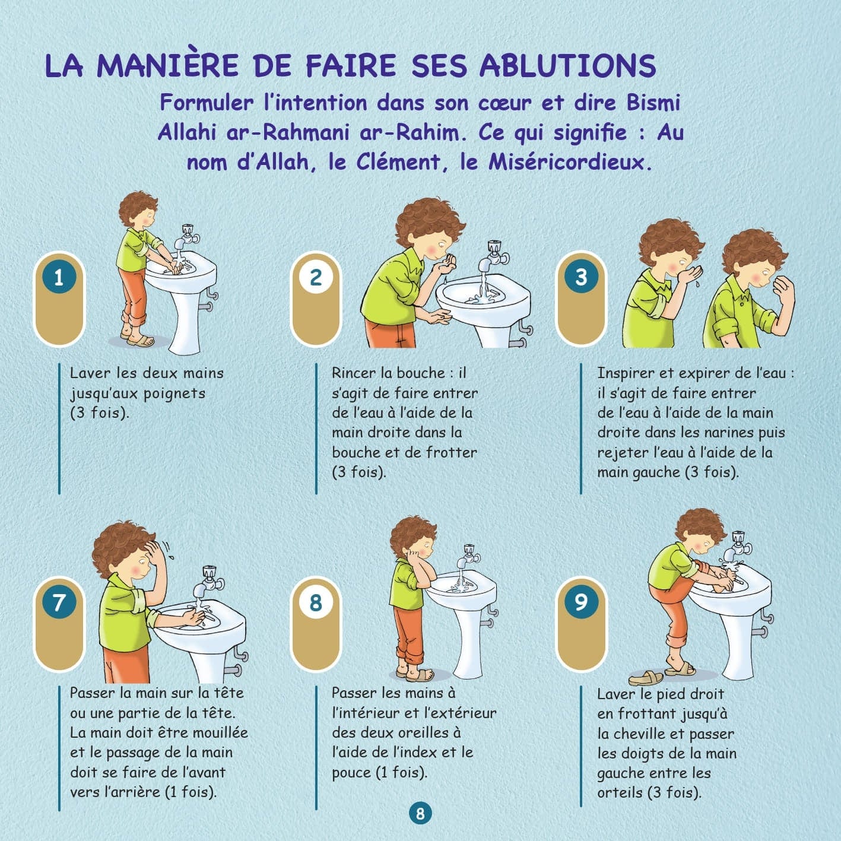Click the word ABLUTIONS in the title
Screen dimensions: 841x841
(x=567, y=66)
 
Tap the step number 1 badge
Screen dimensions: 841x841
(x=59, y=277)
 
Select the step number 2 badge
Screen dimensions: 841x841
(x=316, y=277)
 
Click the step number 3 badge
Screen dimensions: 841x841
(x=580, y=277)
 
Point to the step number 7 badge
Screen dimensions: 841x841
(x=59, y=602)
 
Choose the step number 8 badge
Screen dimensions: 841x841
(x=316, y=602)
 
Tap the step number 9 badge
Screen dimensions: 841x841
(x=580, y=602)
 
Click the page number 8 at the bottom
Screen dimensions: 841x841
(x=420, y=813)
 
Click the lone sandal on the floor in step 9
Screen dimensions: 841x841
(x=646, y=678)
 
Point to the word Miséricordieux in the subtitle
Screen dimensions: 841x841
(x=569, y=162)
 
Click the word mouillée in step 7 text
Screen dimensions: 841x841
(x=217, y=732)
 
